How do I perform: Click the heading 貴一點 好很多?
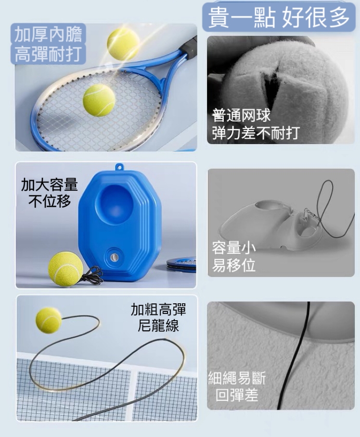tap(279, 17)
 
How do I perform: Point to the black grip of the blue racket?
tap(190, 46)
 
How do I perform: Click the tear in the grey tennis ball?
tap(272, 79)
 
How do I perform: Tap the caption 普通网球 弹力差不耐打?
tap(256, 124)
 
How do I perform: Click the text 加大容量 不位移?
tap(50, 193)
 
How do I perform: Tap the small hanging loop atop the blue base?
tap(120, 167)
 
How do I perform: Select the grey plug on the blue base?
tap(114, 258)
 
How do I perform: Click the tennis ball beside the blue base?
tap(65, 269)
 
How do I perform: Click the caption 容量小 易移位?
tap(233, 256)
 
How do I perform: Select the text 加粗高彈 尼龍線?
tap(158, 317)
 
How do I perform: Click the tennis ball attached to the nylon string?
tap(49, 320)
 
